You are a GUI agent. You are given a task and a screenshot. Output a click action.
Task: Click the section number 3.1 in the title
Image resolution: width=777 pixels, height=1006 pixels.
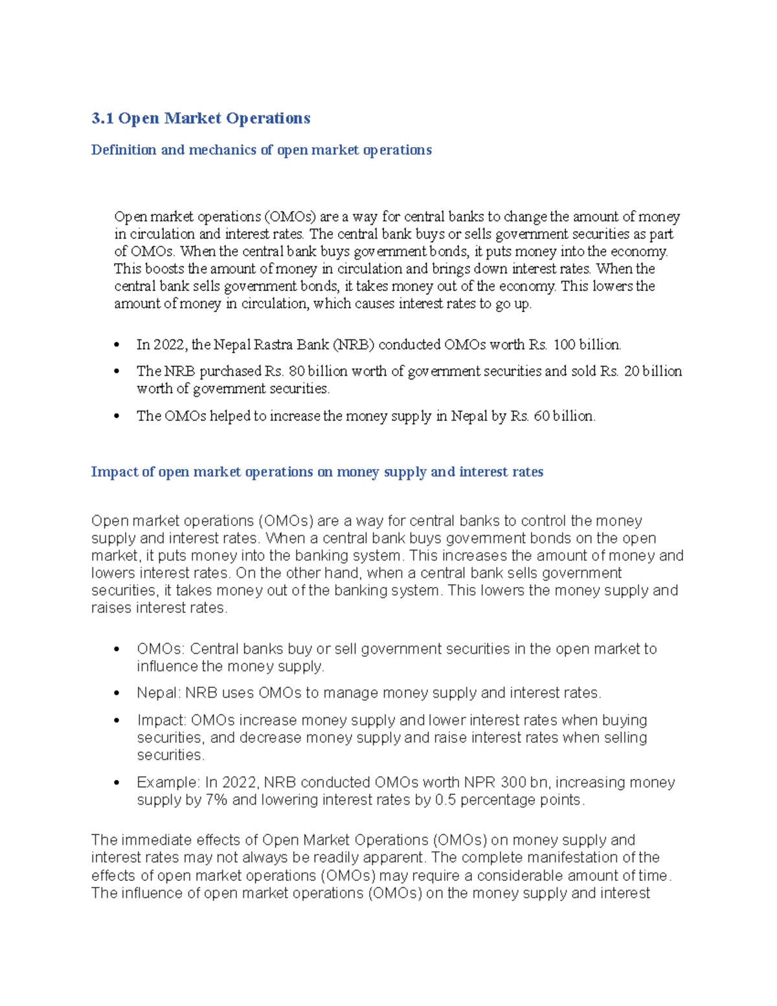pos(102,119)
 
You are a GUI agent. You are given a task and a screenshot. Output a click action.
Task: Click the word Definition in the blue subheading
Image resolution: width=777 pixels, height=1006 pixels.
pos(124,150)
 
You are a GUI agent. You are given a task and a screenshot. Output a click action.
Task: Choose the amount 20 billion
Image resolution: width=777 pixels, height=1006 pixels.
pos(652,371)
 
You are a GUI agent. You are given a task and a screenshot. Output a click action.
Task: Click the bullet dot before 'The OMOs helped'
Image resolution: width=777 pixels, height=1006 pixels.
pos(117,417)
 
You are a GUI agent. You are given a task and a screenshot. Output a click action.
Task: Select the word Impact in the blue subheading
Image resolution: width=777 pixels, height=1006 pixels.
pos(114,472)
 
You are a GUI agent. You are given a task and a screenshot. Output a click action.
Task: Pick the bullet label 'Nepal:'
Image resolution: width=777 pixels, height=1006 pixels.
pos(159,693)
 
